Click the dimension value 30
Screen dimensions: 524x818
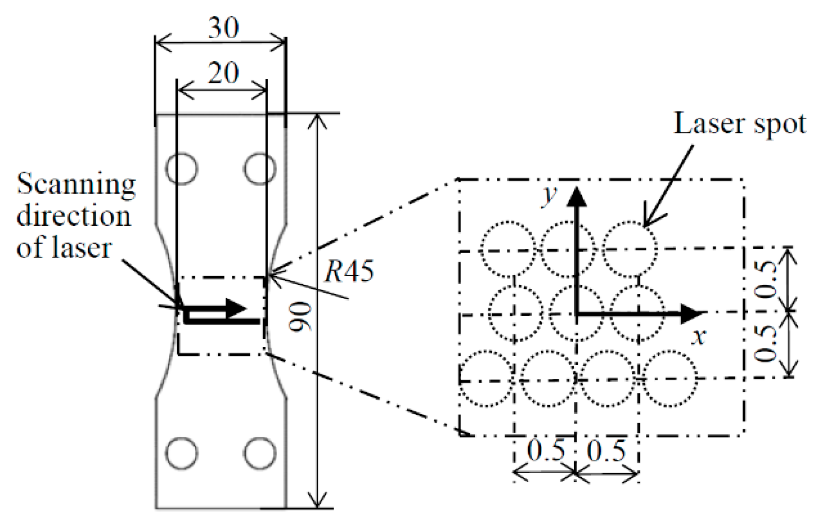click(223, 28)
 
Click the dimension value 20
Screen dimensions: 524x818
click(223, 74)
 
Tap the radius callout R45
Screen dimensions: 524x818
click(349, 271)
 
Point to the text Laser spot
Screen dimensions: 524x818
click(739, 124)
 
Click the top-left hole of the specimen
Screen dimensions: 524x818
click(182, 168)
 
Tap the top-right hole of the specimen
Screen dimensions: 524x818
click(260, 168)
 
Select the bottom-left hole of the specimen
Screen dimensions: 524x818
click(182, 453)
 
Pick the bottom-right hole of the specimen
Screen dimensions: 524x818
click(260, 453)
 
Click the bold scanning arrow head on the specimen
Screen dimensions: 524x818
click(236, 309)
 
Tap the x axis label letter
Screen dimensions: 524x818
click(700, 336)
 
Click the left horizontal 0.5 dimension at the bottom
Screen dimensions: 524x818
click(545, 450)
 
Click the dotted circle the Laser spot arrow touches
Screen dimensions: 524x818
click(630, 249)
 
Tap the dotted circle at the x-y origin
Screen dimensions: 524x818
click(576, 312)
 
